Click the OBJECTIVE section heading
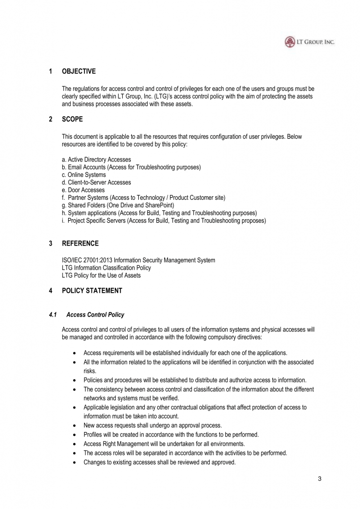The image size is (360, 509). [79, 72]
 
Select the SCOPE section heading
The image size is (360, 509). [72, 119]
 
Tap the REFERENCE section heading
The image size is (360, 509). [80, 243]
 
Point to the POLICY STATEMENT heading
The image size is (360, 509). [91, 291]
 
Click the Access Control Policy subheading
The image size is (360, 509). [95, 315]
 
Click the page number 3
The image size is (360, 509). [319, 479]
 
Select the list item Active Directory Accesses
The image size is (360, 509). [96, 160]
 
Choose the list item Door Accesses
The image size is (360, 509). [83, 190]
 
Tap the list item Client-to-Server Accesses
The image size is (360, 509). [96, 182]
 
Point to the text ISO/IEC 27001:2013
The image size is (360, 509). [89, 260]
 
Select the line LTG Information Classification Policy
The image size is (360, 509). [106, 267]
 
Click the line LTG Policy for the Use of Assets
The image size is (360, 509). [101, 275]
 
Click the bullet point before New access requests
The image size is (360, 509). [74, 425]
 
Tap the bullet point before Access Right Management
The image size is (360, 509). [74, 444]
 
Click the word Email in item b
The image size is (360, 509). [75, 167]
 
